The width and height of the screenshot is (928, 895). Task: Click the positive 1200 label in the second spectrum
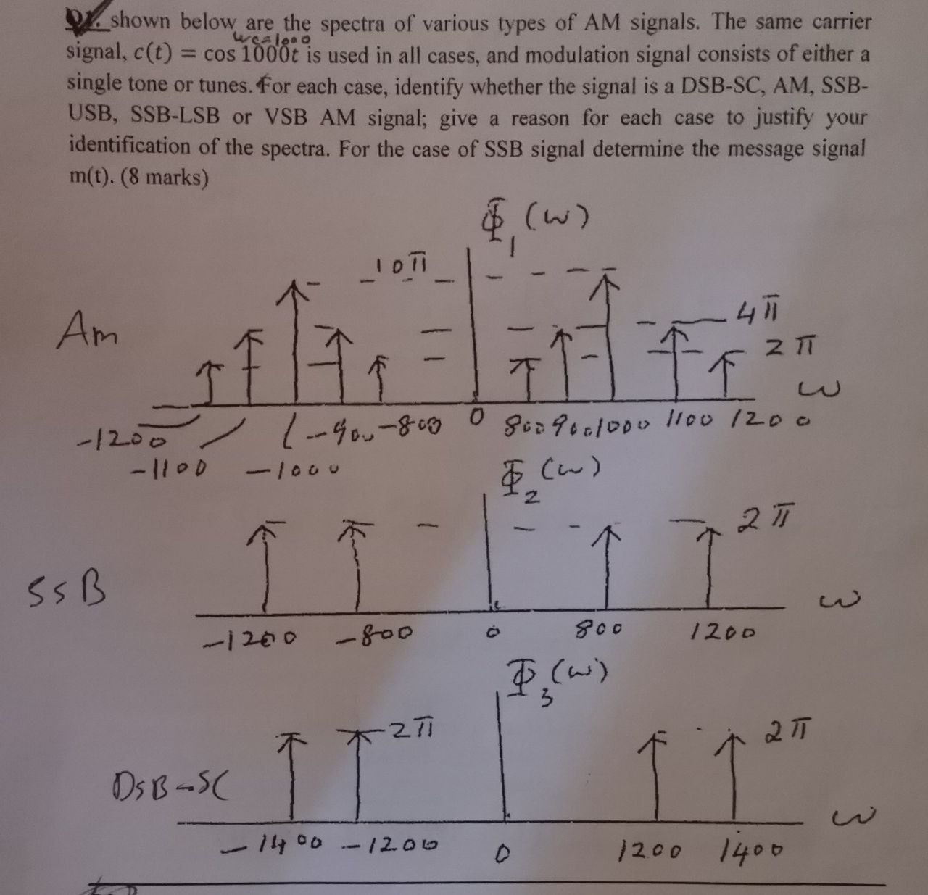(x=722, y=633)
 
